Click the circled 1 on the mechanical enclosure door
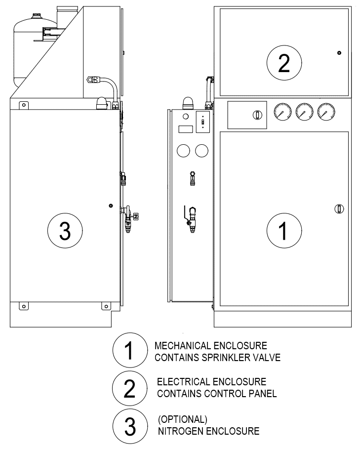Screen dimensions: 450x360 coord(283,230)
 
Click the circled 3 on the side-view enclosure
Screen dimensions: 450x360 coord(65,231)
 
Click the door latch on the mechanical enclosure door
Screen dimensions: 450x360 coord(339,208)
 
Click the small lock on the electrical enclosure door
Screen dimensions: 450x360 coord(339,53)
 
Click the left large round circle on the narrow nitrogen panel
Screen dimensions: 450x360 coord(184,151)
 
